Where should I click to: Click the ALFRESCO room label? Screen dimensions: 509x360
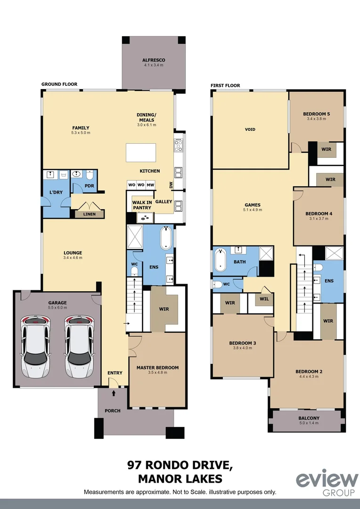pyautogui.click(x=153, y=60)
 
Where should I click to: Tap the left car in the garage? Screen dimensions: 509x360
pyautogui.click(x=35, y=346)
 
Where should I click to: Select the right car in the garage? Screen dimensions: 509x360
pyautogui.click(x=79, y=346)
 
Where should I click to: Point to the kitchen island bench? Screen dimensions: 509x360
pyautogui.click(x=140, y=153)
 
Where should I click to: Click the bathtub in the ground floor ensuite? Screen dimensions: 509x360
pyautogui.click(x=166, y=238)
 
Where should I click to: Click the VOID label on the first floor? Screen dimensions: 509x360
pyautogui.click(x=250, y=129)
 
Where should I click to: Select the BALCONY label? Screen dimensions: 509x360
pyautogui.click(x=309, y=418)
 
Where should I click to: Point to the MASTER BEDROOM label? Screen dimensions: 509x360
pyautogui.click(x=157, y=368)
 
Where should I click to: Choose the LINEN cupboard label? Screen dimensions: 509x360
pyautogui.click(x=89, y=214)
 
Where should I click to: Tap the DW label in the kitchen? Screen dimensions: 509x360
pyautogui.click(x=171, y=185)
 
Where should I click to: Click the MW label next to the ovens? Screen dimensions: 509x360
pyautogui.click(x=150, y=184)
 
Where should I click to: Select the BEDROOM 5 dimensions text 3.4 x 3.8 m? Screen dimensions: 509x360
pyautogui.click(x=316, y=119)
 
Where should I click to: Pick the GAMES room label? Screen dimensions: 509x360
pyautogui.click(x=253, y=205)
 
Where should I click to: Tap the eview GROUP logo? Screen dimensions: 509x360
pyautogui.click(x=327, y=483)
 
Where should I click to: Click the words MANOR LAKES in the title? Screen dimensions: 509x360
pyautogui.click(x=180, y=479)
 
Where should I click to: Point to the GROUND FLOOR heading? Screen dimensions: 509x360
pyautogui.click(x=59, y=84)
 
